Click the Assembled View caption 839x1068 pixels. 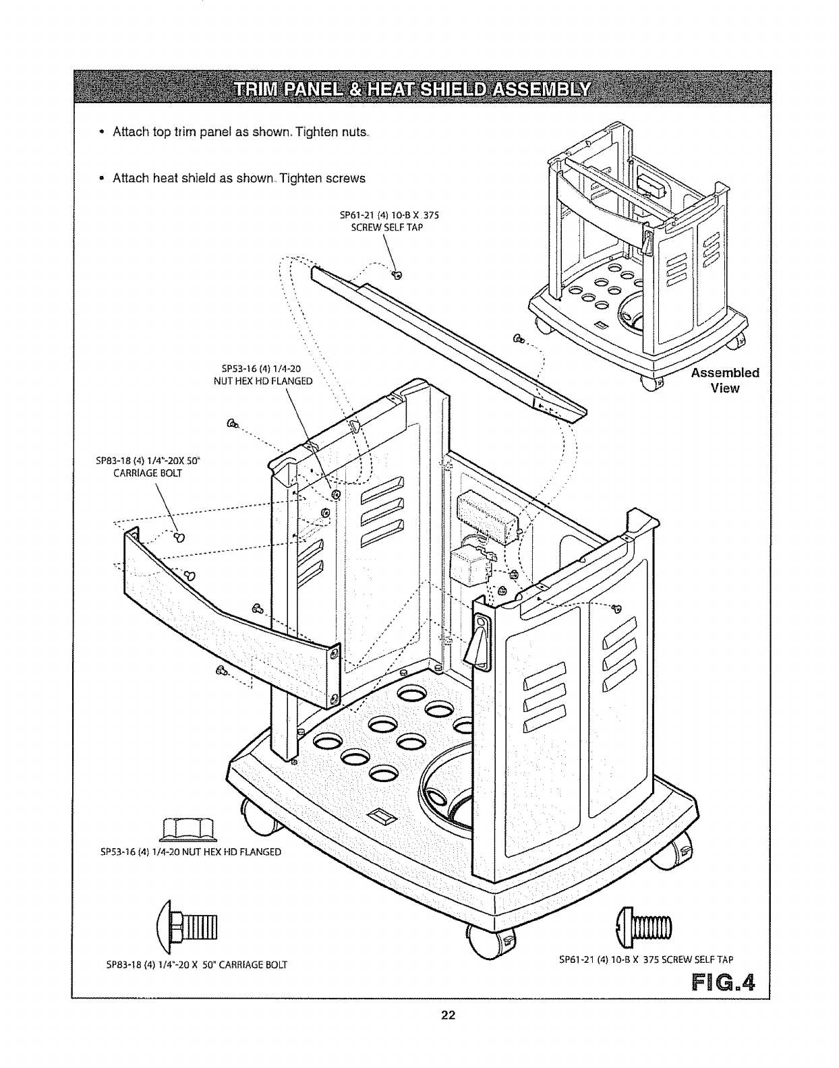(x=724, y=380)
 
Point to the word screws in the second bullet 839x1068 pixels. (x=345, y=178)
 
